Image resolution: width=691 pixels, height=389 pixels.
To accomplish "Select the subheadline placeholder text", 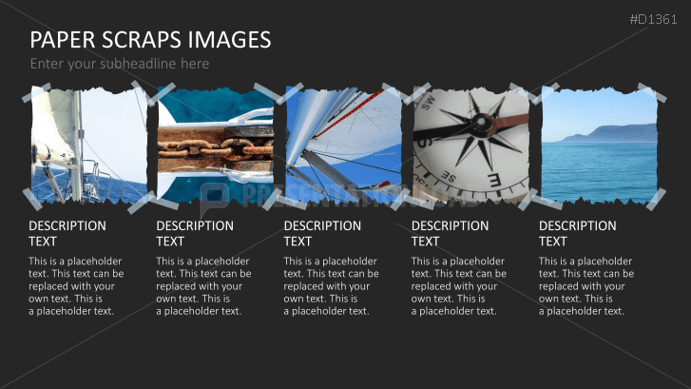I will click(119, 64).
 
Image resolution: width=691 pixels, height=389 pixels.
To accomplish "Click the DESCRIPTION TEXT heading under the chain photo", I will click(194, 233).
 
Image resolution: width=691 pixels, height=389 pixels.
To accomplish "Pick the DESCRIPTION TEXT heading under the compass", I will click(450, 233).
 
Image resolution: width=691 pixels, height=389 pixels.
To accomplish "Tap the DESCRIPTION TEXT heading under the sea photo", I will click(577, 233).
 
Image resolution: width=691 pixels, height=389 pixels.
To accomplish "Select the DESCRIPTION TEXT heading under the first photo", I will click(67, 233).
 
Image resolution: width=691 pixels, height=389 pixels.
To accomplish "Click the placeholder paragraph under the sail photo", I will click(331, 285).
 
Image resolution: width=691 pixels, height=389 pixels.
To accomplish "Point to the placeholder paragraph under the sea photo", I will click(585, 285).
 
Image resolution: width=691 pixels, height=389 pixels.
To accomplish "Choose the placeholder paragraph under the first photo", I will click(76, 285).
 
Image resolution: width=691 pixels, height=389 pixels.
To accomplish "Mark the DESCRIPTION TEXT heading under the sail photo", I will click(322, 233).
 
